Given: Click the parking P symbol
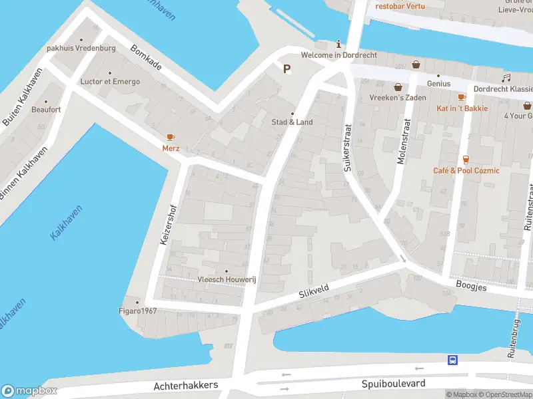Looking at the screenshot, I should coord(287,68).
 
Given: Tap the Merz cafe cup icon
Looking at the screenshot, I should coord(171,137).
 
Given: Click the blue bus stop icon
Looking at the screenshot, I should coord(452,360).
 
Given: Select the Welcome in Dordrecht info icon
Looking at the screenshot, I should coord(339,44).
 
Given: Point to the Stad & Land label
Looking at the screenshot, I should coord(292,122).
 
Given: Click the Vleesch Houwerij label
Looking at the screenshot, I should coord(227,280).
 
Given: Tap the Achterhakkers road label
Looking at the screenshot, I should coord(186,386).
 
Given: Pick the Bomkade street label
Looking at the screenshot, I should coord(146,59).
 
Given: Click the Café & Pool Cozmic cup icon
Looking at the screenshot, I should coord(466,159).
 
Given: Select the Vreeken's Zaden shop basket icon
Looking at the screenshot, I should coord(398,86).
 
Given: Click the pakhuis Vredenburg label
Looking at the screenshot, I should coord(81,49).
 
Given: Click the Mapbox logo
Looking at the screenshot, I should coord(29,391).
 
